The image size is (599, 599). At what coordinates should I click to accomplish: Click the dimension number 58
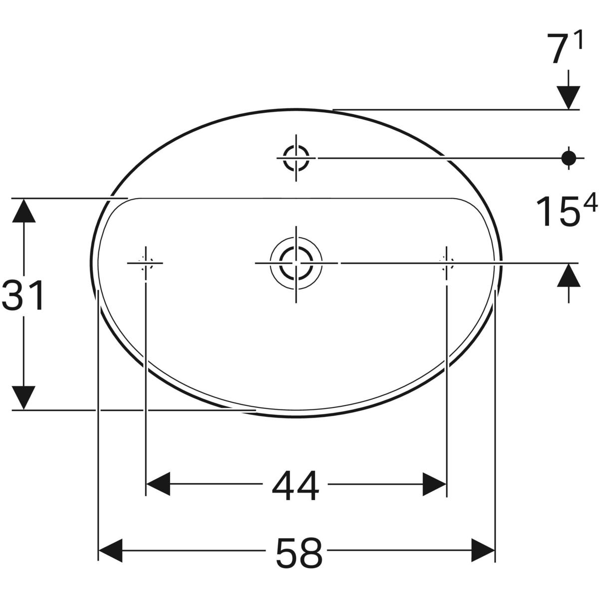[299, 552]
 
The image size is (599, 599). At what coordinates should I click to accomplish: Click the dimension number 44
[295, 485]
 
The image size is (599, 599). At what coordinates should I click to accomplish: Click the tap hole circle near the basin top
[296, 158]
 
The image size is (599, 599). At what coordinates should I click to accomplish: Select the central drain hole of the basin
[296, 262]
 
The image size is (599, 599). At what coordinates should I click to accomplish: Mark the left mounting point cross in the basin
[145, 262]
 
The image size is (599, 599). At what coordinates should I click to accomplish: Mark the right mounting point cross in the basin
[446, 262]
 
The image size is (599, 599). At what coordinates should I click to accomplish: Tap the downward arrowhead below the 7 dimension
[568, 97]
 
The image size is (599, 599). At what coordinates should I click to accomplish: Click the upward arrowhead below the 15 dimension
[568, 276]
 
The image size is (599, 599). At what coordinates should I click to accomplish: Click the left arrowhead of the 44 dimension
[158, 484]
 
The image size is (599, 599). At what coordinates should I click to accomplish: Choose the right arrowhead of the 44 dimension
[434, 484]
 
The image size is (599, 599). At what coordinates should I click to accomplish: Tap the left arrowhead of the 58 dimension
[111, 551]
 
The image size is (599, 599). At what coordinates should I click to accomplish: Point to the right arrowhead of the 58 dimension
[483, 551]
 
